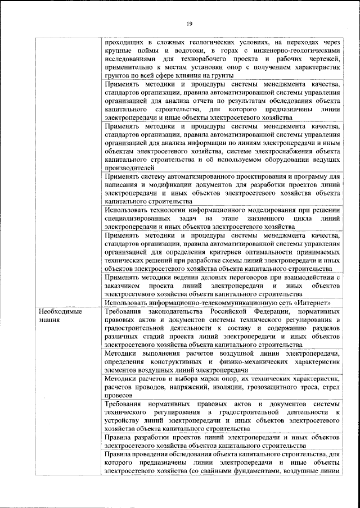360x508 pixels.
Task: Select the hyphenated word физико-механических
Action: click(247, 362)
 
